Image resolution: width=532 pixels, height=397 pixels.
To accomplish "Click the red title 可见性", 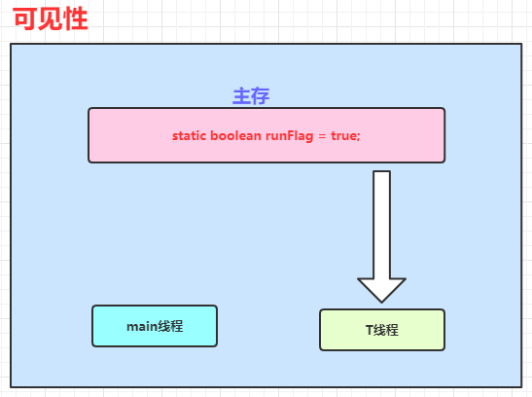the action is click(51, 19).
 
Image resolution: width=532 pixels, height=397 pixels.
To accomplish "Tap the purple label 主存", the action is click(251, 96).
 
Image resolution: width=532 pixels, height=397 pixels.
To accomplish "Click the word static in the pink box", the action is click(189, 135).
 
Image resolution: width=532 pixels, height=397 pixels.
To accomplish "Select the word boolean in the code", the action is click(235, 135).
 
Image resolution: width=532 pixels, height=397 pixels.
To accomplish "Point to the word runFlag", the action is click(290, 136).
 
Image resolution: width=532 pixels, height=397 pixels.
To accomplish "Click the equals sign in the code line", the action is click(322, 136).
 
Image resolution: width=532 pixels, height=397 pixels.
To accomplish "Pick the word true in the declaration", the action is click(343, 135).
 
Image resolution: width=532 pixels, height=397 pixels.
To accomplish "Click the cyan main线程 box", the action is click(155, 326).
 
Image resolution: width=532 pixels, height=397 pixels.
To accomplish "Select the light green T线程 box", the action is click(382, 330).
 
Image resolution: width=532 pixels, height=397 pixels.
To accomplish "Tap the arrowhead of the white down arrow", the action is click(381, 290).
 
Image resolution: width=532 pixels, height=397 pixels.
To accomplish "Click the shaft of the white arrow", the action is click(381, 225).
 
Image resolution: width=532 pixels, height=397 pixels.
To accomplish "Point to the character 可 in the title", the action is click(25, 19).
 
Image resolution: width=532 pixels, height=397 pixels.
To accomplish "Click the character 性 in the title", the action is click(76, 19).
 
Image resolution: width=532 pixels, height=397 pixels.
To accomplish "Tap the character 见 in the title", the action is click(51, 19).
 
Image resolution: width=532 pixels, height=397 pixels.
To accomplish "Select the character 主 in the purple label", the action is click(241, 96).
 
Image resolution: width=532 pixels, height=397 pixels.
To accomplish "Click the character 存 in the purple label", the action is click(261, 96).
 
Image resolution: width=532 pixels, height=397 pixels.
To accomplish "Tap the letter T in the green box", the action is click(370, 330).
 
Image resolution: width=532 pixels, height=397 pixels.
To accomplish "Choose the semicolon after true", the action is click(358, 137).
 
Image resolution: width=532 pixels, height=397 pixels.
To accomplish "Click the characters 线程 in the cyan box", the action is click(170, 326).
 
